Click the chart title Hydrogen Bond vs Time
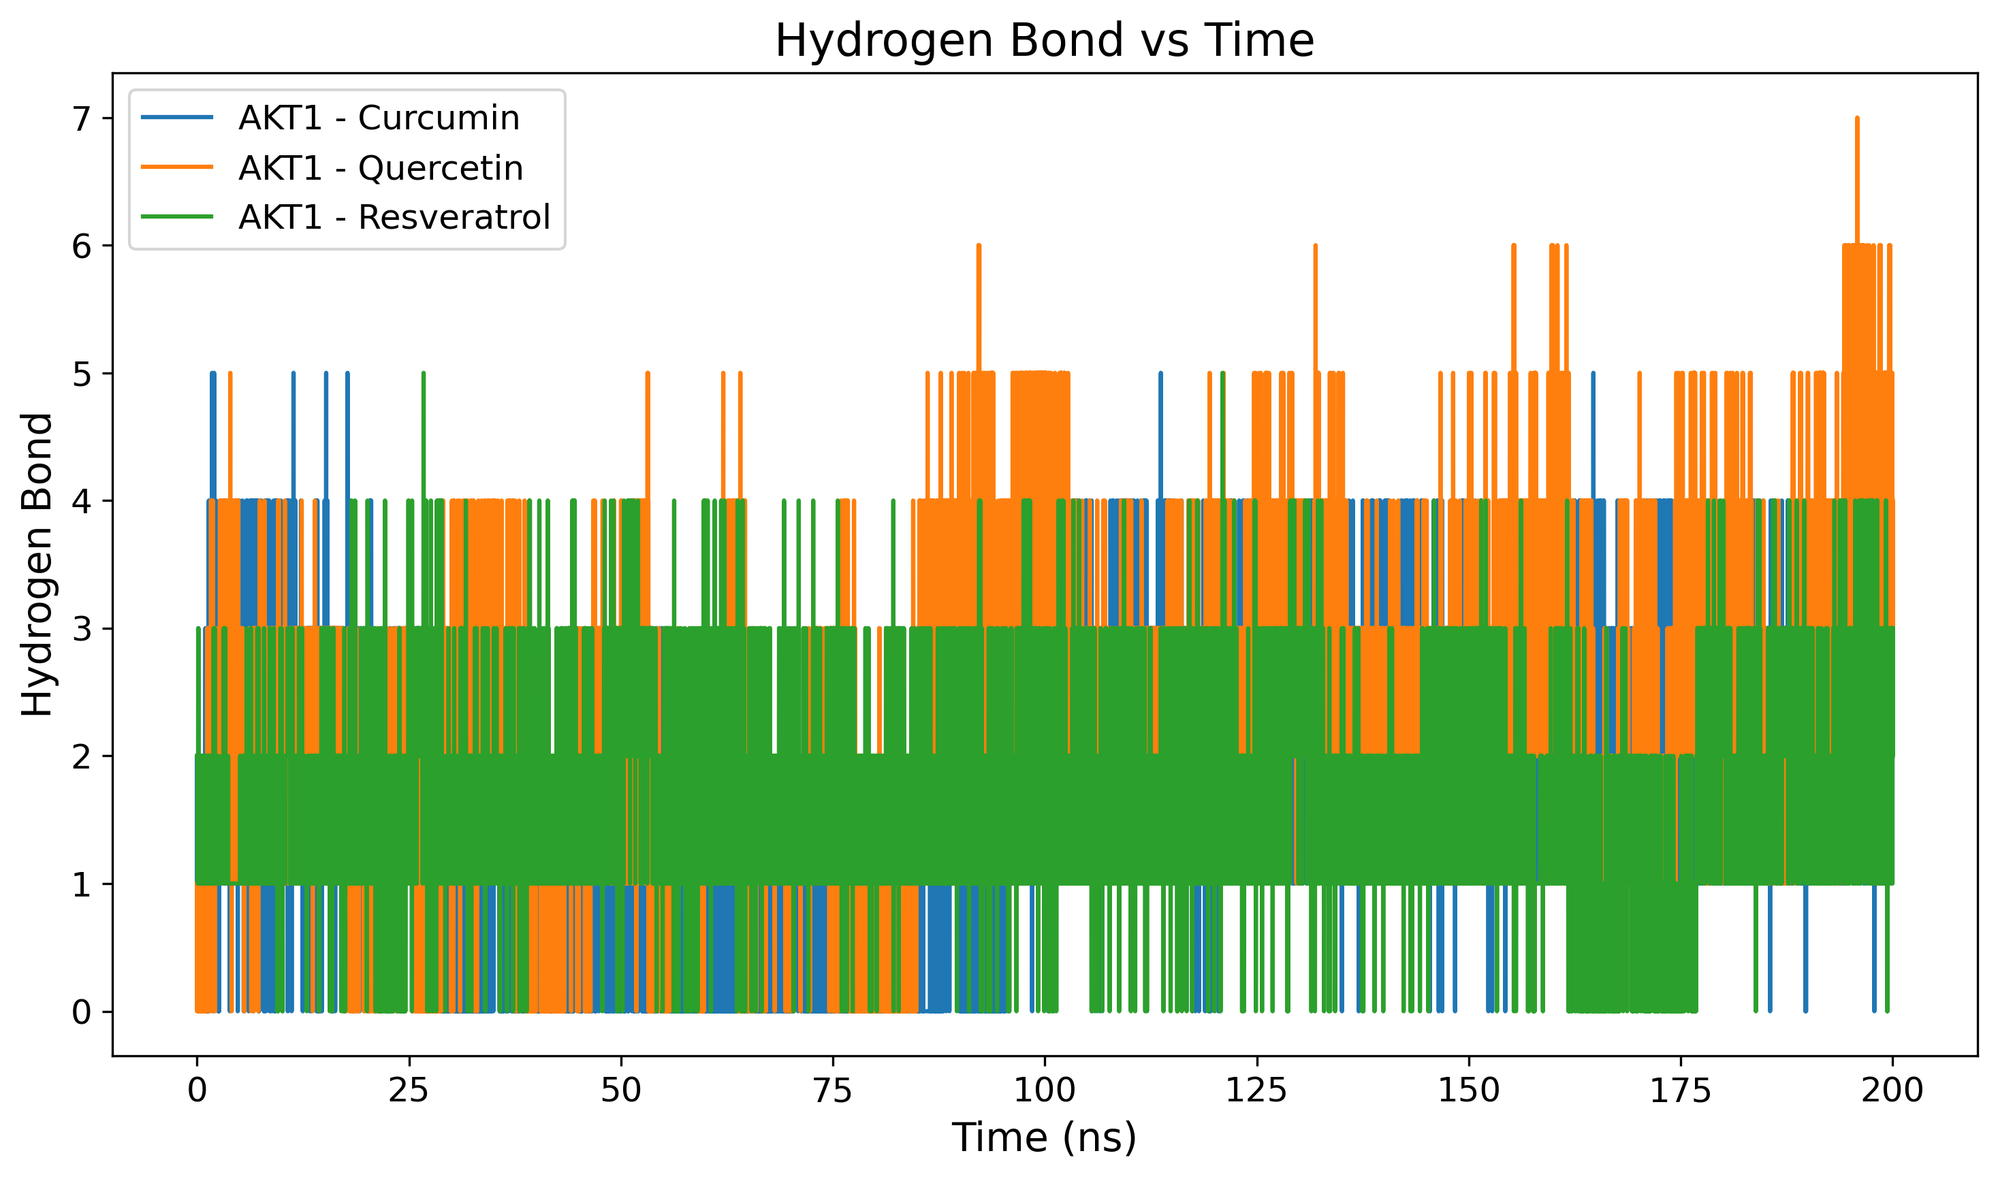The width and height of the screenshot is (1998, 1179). pos(1045,41)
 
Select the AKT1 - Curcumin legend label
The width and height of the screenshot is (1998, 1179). pos(379,118)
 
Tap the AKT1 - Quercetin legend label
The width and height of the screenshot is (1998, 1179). pos(381,167)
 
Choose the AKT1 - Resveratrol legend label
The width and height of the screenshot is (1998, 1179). pos(394,217)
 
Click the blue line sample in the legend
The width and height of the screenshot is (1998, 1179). pos(177,118)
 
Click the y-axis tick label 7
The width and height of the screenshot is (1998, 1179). pos(82,119)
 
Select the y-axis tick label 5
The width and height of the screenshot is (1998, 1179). pos(82,374)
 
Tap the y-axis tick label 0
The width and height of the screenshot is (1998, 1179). pos(82,1013)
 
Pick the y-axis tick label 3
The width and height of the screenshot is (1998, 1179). pos(82,629)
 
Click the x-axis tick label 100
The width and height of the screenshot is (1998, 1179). pos(1045,1091)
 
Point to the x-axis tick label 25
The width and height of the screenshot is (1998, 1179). pos(409,1091)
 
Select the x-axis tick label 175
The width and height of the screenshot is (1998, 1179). pos(1680,1091)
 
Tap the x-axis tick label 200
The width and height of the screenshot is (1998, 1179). pos(1892,1091)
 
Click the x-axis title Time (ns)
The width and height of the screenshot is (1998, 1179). pos(1045,1137)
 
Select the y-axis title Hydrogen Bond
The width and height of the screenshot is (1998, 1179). pos(37,565)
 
